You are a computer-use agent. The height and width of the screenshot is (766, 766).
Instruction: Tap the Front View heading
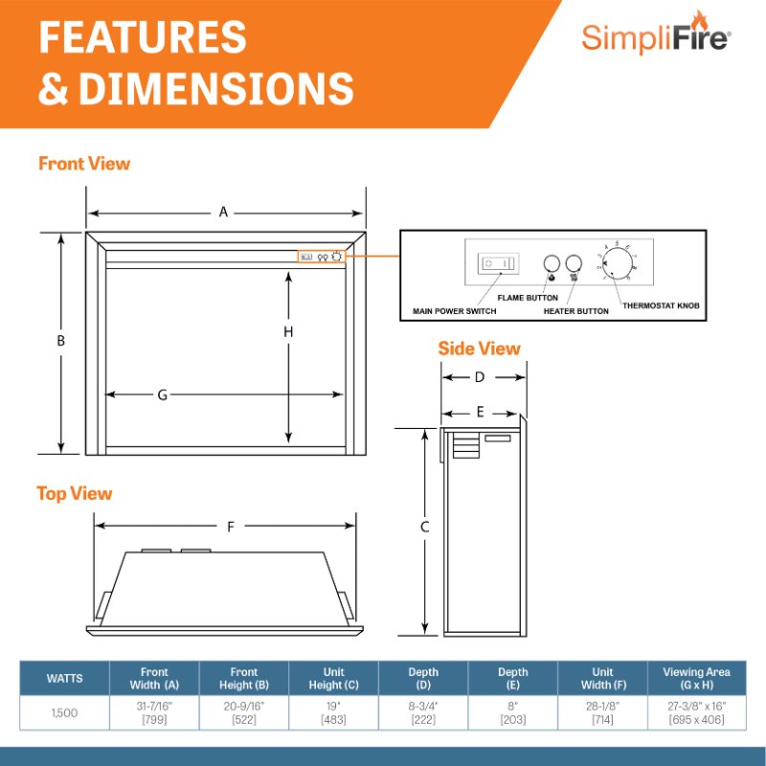(84, 164)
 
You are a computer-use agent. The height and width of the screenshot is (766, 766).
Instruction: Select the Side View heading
(479, 349)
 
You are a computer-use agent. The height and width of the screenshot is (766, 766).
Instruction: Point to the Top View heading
(75, 494)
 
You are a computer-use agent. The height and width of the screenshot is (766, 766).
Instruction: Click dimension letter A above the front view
(224, 213)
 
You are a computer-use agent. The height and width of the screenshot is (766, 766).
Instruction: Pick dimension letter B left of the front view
(60, 341)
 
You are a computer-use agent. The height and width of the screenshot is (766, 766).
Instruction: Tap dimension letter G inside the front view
(163, 394)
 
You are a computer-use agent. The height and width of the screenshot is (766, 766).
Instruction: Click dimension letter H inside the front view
(288, 331)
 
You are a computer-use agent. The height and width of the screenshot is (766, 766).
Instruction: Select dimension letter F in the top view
(231, 527)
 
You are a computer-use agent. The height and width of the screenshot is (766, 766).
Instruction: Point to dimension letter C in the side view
(425, 527)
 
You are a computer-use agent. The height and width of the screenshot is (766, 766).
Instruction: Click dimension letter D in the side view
(480, 377)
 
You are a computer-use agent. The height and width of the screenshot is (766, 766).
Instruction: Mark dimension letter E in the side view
(480, 413)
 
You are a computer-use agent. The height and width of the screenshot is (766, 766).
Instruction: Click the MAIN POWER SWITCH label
(455, 311)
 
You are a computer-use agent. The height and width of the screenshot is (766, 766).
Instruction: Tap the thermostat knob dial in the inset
(615, 263)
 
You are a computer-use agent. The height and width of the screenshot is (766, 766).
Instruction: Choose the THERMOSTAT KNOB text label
(661, 305)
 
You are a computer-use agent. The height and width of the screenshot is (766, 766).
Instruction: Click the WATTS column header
(65, 679)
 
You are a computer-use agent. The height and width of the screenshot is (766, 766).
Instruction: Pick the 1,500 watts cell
(65, 711)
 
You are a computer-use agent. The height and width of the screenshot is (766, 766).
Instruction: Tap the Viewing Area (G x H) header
(696, 679)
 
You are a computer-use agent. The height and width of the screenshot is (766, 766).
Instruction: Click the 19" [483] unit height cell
(334, 711)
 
